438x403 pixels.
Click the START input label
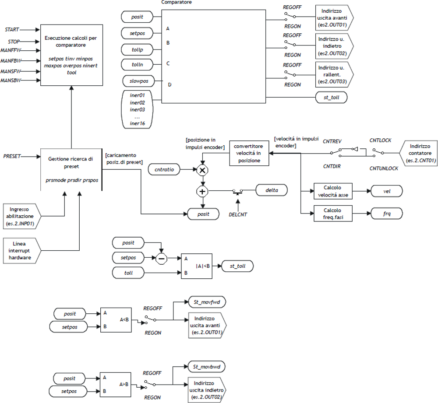point(11,30)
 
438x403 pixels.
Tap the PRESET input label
point(12,156)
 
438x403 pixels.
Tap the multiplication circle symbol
point(202,170)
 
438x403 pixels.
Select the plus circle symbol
point(202,191)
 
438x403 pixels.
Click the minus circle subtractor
point(162,258)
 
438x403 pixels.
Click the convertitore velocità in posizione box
point(248,153)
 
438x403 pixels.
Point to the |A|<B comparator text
point(202,266)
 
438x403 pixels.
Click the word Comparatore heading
point(177,2)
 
